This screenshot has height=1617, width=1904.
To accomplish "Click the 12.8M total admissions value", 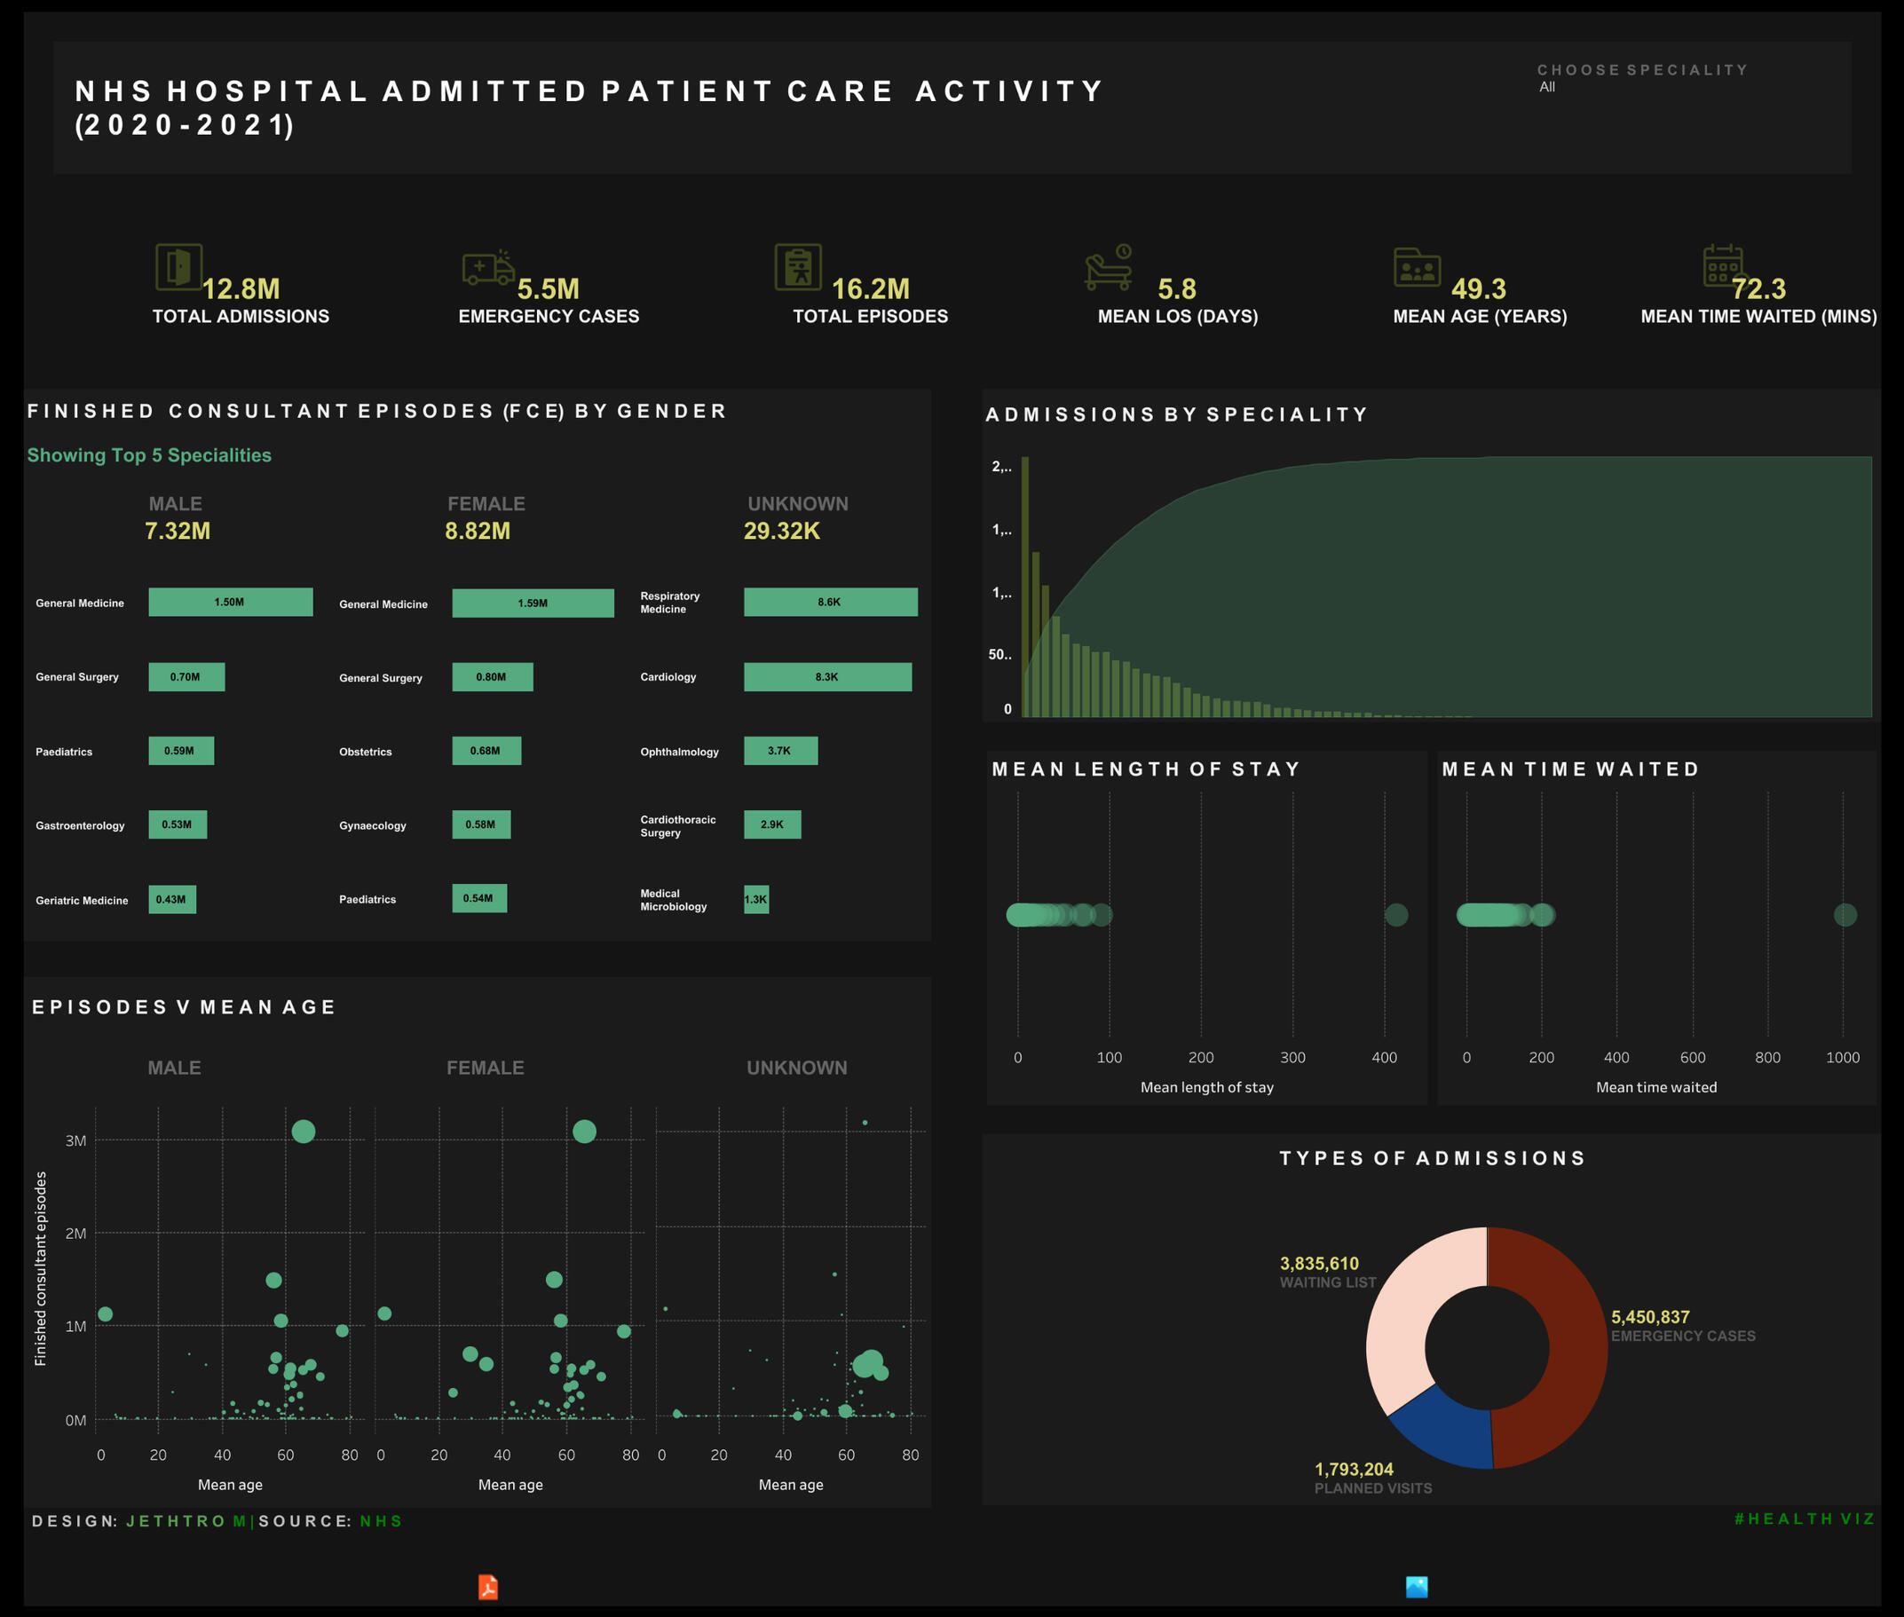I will coord(241,288).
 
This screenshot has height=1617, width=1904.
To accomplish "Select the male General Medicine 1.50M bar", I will coord(230,603).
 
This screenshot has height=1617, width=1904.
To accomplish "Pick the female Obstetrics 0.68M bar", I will coord(486,751).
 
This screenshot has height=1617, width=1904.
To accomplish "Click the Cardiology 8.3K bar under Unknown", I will coord(827,676).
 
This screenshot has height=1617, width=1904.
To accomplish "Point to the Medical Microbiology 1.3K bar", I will coord(756,899).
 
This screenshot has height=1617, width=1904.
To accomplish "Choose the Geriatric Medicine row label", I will coord(82,900).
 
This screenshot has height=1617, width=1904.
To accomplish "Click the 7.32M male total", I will coord(178,531).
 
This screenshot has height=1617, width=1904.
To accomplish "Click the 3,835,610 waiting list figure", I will coord(1319,1263).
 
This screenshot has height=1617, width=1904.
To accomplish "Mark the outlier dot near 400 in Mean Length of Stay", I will coord(1396,915).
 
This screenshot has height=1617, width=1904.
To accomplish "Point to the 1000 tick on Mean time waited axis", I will coord(1843,1057).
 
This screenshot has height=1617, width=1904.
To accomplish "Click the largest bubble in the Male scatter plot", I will coord(304,1132).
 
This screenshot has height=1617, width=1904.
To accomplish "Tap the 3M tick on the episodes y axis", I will coord(76,1140).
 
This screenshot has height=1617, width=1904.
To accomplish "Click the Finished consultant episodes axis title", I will coord(40,1269).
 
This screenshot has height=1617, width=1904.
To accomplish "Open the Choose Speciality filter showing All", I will coord(1547,87).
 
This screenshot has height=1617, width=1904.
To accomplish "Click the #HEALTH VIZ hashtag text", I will coord(1804,1518).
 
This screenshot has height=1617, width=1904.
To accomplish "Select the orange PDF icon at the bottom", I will coord(487,1587).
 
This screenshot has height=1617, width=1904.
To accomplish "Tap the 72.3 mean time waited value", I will coord(1758,288).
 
